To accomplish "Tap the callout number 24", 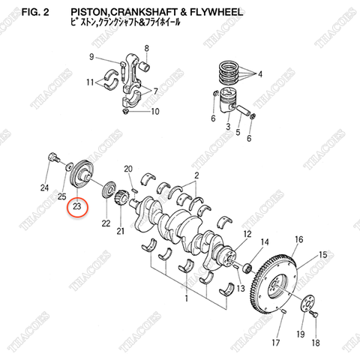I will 44,187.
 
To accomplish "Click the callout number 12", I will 246,235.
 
